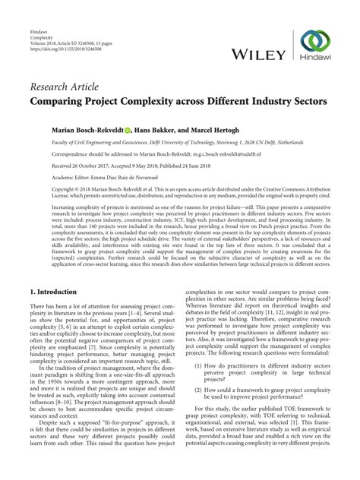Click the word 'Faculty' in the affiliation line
(x=40, y=141)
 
